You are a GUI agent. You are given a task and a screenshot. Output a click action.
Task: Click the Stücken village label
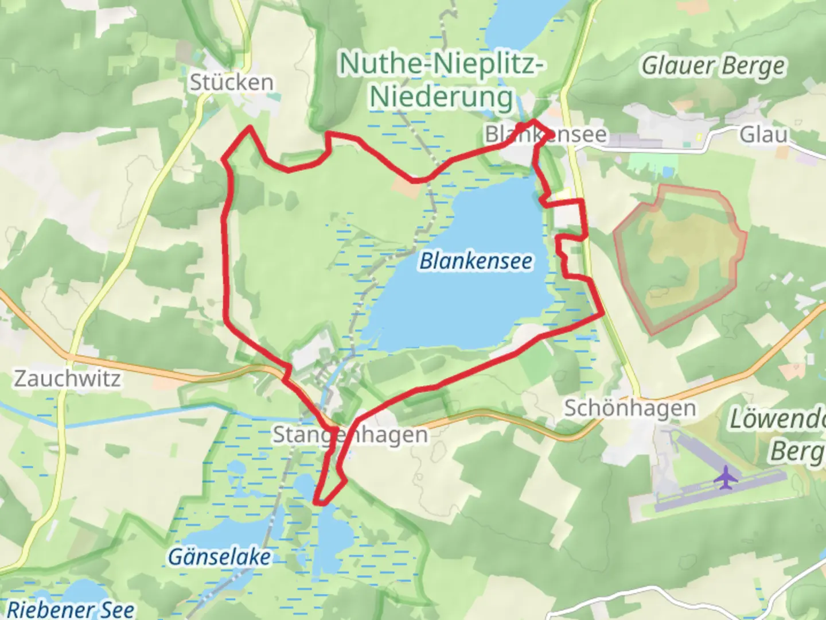[231, 83]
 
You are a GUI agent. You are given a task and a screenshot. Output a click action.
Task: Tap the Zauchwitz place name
[67, 379]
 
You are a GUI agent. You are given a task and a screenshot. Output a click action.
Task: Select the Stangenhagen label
[350, 435]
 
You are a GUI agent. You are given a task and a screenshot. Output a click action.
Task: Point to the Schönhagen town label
[630, 408]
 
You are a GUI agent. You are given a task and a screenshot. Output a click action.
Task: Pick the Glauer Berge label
[712, 66]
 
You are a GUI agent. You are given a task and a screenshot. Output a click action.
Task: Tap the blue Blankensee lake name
[476, 261]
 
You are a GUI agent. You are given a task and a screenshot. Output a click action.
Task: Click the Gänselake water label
[219, 556]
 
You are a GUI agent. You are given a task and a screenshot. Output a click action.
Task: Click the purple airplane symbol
[726, 477]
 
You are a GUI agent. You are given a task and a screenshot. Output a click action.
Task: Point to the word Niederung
[441, 97]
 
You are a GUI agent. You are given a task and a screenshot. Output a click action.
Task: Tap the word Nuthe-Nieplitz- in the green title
[441, 63]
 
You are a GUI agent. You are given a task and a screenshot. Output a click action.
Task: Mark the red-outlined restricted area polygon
[680, 258]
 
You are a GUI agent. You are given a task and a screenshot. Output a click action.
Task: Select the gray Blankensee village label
[546, 134]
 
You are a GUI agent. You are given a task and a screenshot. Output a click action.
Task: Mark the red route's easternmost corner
[602, 313]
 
